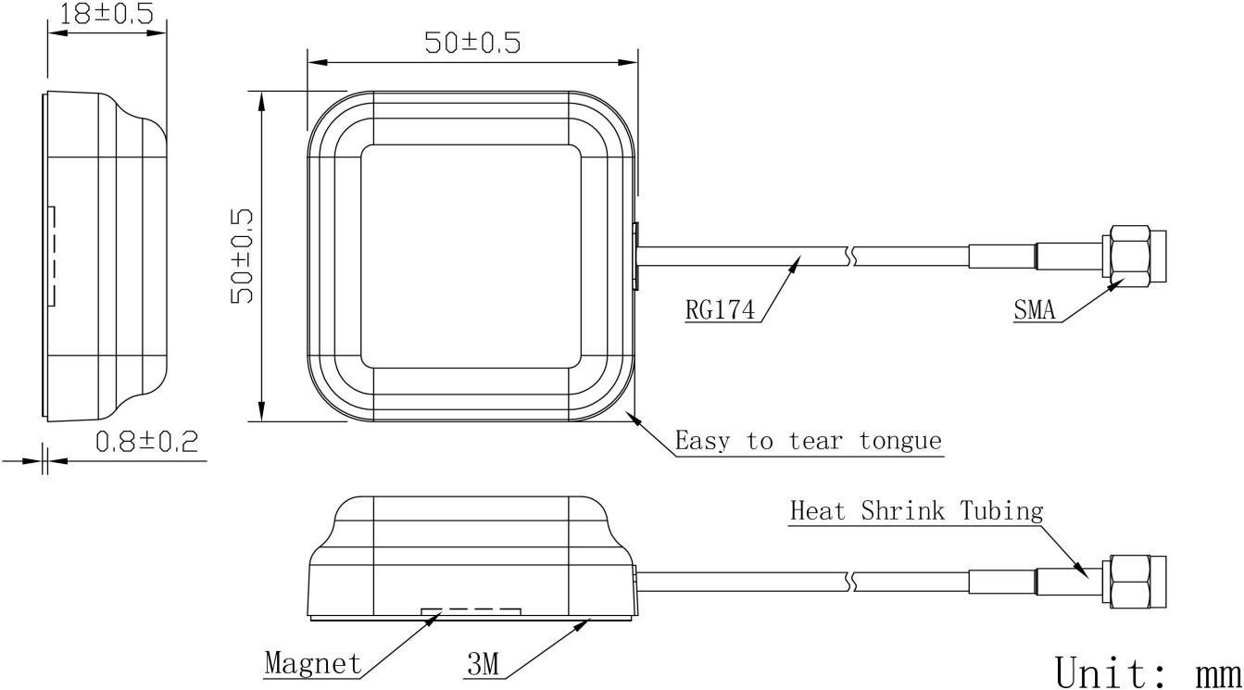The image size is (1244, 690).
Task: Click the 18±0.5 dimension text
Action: coord(107,13)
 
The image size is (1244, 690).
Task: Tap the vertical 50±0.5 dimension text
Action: coord(242,257)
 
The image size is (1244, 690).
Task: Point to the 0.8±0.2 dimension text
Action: coord(147,442)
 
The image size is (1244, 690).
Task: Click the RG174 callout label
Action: coord(721,309)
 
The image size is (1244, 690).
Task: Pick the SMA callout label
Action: coord(1034,309)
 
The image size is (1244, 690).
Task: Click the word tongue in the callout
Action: coord(900,442)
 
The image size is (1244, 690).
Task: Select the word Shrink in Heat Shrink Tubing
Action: coord(902,510)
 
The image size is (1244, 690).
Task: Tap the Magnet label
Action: coord(313,663)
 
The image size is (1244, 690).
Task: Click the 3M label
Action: coord(483,664)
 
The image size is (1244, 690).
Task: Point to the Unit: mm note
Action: coord(1148,671)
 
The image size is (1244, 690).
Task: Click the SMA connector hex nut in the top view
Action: coord(1125,256)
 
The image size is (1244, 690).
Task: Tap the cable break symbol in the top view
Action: coord(850,256)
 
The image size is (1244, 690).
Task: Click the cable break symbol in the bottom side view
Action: coord(850,582)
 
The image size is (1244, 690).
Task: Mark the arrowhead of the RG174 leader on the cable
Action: coord(796,264)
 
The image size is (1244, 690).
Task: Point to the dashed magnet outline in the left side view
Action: coord(55,256)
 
